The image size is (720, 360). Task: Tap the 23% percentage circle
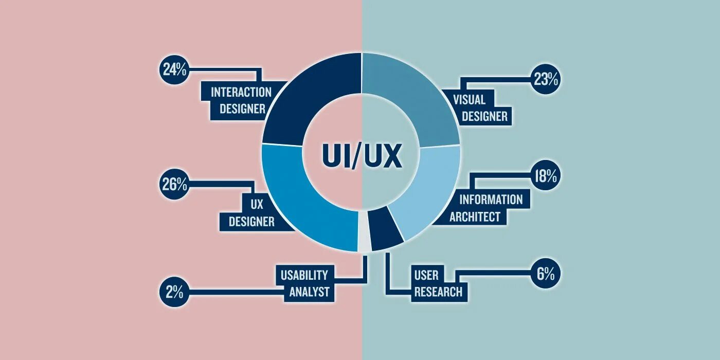pos(545,79)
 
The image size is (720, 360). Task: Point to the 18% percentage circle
pos(545,176)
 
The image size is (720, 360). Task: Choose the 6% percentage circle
pos(545,274)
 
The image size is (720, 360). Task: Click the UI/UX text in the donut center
pos(361,156)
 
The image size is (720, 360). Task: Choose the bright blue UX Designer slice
pos(298,206)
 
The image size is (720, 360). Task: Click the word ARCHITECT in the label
pos(475,217)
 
